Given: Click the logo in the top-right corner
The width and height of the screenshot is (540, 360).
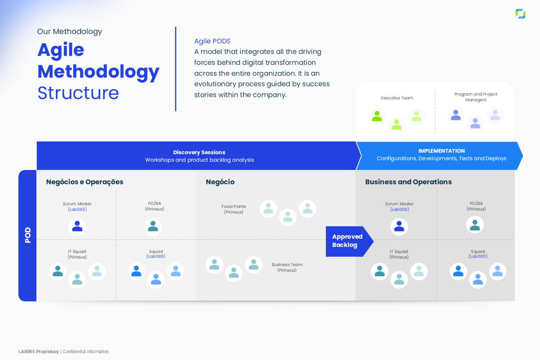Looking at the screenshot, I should pos(520,14).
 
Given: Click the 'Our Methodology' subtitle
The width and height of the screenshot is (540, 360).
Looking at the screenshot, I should pos(69,32).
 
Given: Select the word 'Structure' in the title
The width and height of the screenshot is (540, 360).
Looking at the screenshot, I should pos(78,93).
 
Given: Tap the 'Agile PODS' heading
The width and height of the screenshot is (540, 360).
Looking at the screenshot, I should pos(212,41).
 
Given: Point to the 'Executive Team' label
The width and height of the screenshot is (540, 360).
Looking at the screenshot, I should pos(397,98).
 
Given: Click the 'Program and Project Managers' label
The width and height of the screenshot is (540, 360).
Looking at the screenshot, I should pos(476,97).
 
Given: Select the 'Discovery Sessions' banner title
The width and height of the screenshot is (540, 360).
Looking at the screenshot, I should pos(199,152).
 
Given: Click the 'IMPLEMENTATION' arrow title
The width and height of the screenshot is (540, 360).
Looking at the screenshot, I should pos(441,151).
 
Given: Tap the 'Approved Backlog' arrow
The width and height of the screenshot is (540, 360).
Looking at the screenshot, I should pos(347,241).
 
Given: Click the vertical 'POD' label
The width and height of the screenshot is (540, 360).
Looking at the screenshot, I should pos(28,235).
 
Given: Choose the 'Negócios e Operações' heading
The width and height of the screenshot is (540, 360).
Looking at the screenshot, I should pos(85,182).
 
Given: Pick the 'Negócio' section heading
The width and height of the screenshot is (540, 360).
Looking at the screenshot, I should pos(220,182).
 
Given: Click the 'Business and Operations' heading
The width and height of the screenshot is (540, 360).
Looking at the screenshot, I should pos(408,182).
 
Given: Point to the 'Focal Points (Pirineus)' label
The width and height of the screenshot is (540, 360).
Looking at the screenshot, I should pos(234,209).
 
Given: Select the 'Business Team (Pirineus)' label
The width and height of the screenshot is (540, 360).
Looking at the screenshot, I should pos(287,267).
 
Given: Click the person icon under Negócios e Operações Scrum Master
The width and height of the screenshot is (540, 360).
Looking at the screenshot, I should pos(77,226).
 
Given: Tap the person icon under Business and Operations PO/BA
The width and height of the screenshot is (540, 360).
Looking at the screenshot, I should pos(475,225).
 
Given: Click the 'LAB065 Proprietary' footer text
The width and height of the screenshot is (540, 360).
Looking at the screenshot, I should pos(39,352).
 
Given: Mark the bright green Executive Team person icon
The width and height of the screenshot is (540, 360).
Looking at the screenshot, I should pos(377,116).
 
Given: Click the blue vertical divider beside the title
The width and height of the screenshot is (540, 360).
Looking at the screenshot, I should pos(176,69).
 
